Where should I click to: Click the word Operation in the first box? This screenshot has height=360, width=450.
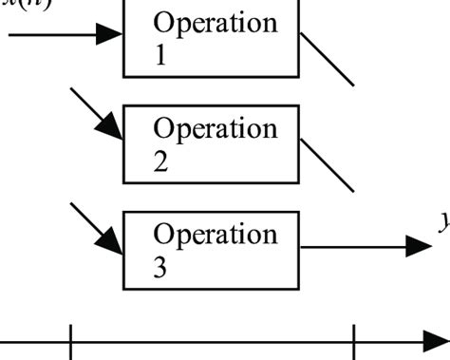(x=216, y=22)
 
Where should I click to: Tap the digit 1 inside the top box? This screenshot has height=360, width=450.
(x=159, y=56)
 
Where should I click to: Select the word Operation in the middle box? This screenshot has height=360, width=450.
(x=216, y=128)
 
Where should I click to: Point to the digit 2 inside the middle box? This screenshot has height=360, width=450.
(x=160, y=162)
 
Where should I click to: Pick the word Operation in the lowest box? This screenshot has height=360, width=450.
(x=216, y=234)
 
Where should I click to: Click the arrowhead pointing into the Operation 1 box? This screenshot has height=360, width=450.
(x=110, y=36)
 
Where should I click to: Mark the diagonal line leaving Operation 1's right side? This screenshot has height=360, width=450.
(x=328, y=59)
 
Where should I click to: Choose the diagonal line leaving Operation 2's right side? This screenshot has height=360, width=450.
(x=328, y=164)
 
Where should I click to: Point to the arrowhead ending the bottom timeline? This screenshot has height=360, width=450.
(x=436, y=341)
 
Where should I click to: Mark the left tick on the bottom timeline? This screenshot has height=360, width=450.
(x=71, y=341)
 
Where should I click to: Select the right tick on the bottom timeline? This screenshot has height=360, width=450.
(x=354, y=341)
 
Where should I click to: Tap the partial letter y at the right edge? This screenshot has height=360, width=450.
(x=443, y=222)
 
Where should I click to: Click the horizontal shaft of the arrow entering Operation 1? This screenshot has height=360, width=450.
(x=52, y=36)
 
